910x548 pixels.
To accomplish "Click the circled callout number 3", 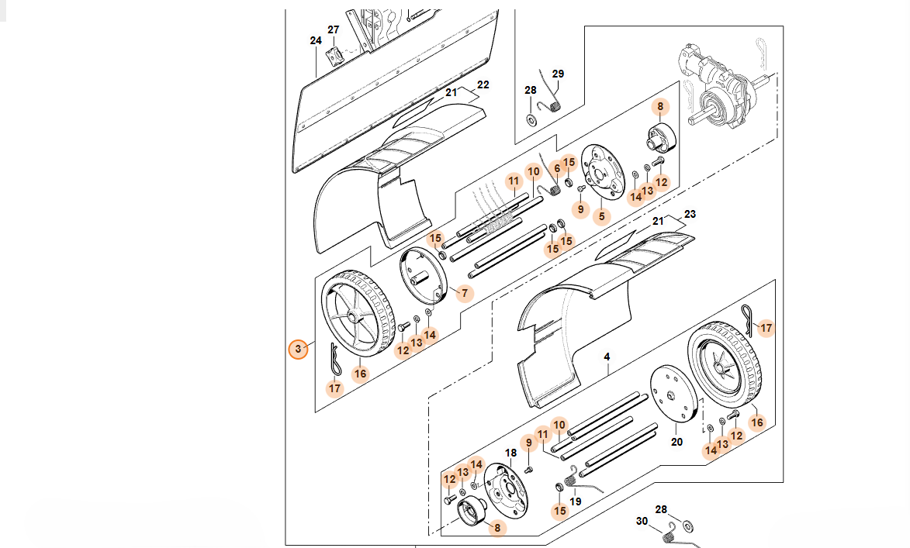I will (298, 349).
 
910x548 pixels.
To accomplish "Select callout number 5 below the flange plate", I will (601, 216).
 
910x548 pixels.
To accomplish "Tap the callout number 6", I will (556, 168).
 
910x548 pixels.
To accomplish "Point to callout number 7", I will (465, 293).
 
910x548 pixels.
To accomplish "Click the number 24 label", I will (315, 40).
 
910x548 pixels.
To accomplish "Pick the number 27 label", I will (334, 29).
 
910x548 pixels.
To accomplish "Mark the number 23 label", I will (690, 213).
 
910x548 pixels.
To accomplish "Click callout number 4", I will (607, 357).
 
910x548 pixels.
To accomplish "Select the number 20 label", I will (676, 442).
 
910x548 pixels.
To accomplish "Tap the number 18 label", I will (510, 453).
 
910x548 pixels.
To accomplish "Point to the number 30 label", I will (641, 520).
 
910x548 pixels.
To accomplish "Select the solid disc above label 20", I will (673, 392).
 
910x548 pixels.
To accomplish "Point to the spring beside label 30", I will (669, 531).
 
